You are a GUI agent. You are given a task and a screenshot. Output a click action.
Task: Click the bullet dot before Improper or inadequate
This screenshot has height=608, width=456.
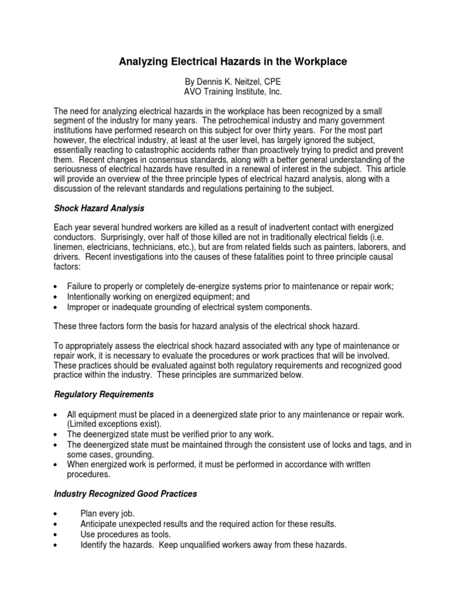pyautogui.click(x=56, y=307)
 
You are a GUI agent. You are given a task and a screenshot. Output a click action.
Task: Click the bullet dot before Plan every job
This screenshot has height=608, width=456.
pyautogui.click(x=56, y=514)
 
